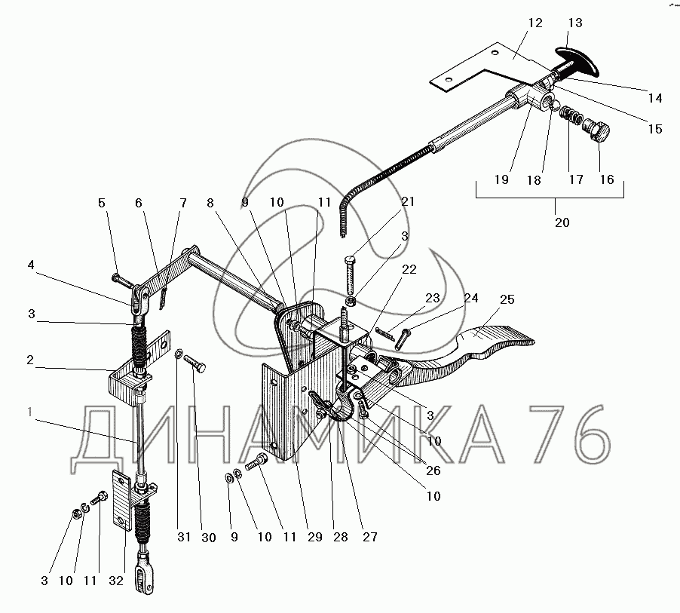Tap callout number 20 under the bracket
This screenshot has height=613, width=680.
point(562,222)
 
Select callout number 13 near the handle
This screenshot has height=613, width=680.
point(575,23)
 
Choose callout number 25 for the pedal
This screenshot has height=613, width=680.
point(507,299)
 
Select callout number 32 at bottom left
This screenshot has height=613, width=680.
point(116,581)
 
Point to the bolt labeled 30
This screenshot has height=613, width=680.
point(195,363)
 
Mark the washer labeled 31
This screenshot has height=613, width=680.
point(178,354)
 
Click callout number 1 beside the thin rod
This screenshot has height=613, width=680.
point(30,411)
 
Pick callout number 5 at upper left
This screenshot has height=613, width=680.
point(102,203)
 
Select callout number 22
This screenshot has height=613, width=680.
point(409,269)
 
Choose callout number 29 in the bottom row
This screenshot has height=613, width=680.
point(315,537)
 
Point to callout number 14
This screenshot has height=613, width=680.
point(655,99)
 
